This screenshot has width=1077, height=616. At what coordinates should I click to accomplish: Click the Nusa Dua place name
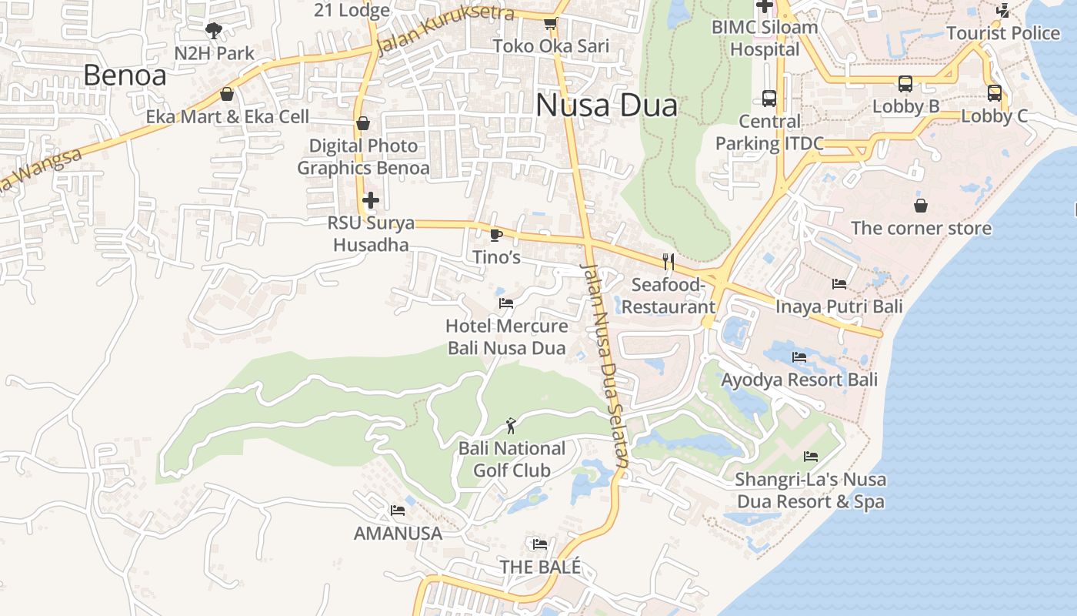(x=606, y=105)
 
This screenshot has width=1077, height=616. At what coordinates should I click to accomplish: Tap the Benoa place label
(x=125, y=75)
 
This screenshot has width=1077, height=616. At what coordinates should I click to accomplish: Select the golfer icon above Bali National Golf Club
(x=511, y=424)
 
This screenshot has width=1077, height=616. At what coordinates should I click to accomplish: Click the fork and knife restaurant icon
(x=668, y=262)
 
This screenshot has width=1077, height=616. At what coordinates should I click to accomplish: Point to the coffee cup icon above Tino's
(x=496, y=234)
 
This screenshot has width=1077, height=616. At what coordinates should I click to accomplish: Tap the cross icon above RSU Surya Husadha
(x=371, y=200)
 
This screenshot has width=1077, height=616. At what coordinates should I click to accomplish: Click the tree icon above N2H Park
(x=214, y=31)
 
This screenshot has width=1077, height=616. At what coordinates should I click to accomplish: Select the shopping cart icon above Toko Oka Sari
(x=550, y=24)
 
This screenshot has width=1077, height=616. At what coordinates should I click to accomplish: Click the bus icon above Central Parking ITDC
(x=769, y=98)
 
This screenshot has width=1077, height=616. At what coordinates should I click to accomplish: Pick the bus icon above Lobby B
(x=905, y=83)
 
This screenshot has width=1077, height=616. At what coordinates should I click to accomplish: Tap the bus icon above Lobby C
(x=995, y=93)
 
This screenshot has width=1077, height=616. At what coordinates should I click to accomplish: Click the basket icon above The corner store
(x=921, y=206)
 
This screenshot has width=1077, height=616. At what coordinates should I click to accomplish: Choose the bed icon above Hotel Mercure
(x=506, y=303)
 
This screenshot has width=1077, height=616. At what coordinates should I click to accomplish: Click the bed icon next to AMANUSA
(x=398, y=510)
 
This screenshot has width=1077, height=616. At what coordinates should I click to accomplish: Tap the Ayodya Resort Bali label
(x=799, y=380)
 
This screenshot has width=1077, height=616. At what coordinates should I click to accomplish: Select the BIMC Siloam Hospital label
(x=765, y=38)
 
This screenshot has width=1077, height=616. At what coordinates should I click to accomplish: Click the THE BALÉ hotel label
(x=540, y=567)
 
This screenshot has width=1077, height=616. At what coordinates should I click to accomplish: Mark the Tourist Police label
(x=1003, y=33)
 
